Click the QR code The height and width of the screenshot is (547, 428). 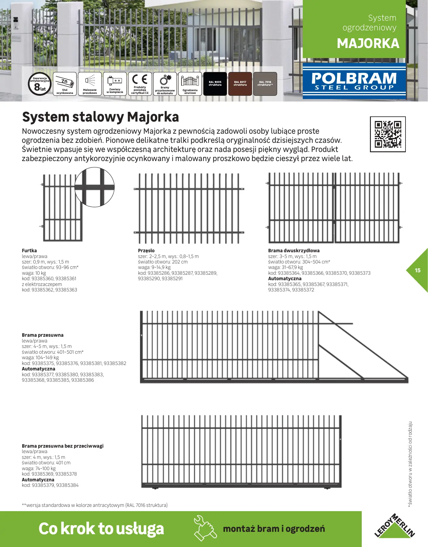388,134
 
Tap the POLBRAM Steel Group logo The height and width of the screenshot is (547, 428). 354,81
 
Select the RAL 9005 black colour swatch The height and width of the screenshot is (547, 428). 215,84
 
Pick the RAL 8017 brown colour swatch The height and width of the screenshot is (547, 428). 240,84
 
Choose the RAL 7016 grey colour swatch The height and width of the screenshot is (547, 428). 265,84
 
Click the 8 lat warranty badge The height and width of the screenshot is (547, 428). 40,84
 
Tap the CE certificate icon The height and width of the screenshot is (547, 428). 140,84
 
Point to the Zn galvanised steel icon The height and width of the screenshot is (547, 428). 65,84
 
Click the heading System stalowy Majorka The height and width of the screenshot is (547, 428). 100,117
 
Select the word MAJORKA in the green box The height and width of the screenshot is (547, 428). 368,43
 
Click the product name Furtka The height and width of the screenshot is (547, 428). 29,251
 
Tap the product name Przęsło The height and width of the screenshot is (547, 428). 146,251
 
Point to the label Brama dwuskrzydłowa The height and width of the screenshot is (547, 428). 294,251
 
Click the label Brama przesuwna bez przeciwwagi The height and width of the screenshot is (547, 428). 63,446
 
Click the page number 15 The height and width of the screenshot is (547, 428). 418,270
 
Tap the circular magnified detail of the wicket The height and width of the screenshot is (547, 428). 95,187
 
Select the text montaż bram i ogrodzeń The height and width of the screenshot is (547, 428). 274,529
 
